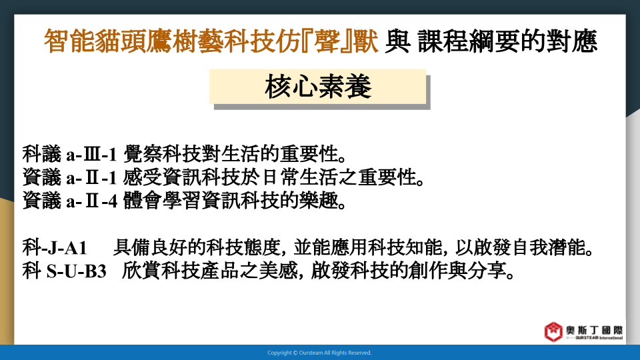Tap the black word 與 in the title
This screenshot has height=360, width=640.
click(x=397, y=41)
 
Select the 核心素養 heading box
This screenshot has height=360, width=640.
click(x=317, y=87)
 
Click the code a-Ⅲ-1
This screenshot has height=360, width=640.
click(x=91, y=155)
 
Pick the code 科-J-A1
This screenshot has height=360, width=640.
click(x=55, y=247)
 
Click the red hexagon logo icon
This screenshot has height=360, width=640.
click(x=553, y=331)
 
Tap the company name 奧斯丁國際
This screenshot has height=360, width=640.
click(x=594, y=330)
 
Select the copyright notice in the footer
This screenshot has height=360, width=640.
click(x=319, y=353)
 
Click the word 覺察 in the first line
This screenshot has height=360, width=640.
click(x=142, y=154)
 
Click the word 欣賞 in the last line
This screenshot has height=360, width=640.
click(x=141, y=271)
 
